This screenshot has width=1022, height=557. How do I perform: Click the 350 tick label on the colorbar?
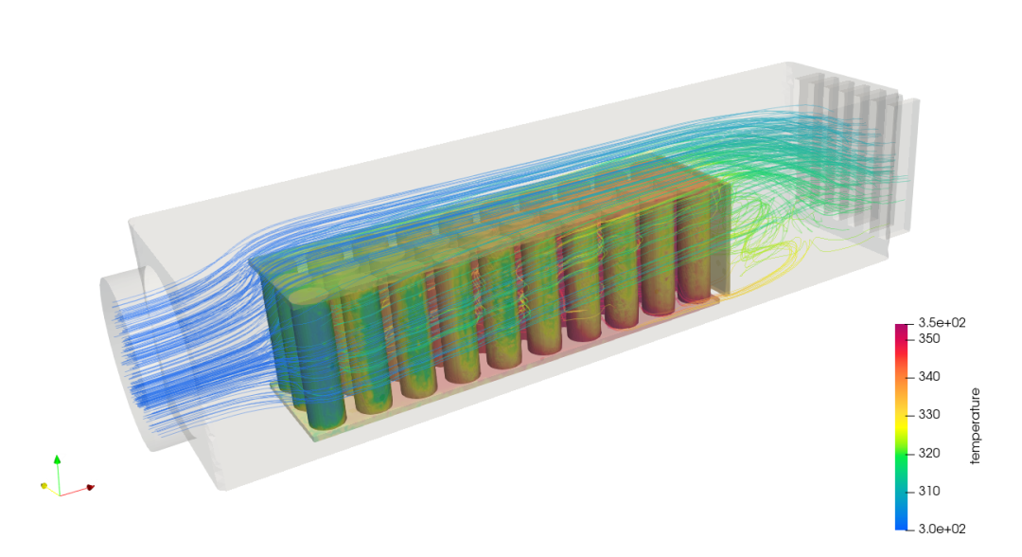pyautogui.click(x=929, y=338)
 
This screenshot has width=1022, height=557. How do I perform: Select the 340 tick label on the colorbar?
pyautogui.click(x=929, y=376)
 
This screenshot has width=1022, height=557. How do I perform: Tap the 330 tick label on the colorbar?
pyautogui.click(x=929, y=414)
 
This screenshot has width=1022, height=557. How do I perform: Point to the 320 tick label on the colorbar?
pyautogui.click(x=929, y=453)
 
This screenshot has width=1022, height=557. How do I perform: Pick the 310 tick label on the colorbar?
pyautogui.click(x=929, y=491)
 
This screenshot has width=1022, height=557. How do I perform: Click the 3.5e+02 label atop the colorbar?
pyautogui.click(x=942, y=322)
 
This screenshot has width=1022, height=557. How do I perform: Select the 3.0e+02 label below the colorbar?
pyautogui.click(x=942, y=529)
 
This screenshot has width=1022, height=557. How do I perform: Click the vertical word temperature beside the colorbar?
pyautogui.click(x=975, y=426)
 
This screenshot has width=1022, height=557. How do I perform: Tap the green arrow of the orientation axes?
pyautogui.click(x=58, y=475)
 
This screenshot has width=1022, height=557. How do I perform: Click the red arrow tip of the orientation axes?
pyautogui.click(x=91, y=487)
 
